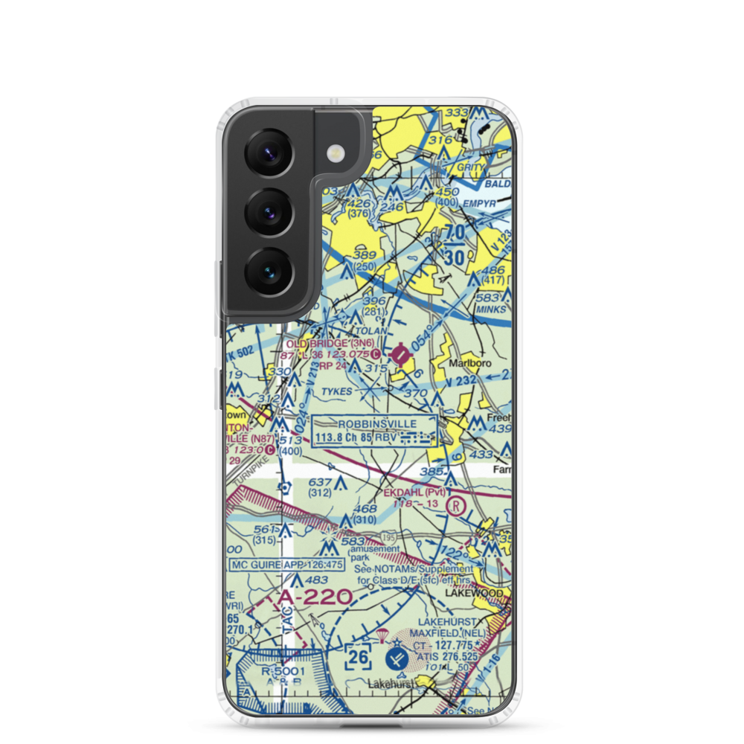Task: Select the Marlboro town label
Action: click(x=467, y=364)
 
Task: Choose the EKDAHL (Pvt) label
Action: click(x=414, y=492)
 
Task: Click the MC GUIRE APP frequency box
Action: click(x=287, y=565)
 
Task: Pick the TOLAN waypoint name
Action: click(x=371, y=330)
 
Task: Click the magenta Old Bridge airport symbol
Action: click(x=402, y=355)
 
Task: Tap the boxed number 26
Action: click(x=358, y=658)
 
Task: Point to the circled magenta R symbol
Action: click(x=455, y=507)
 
